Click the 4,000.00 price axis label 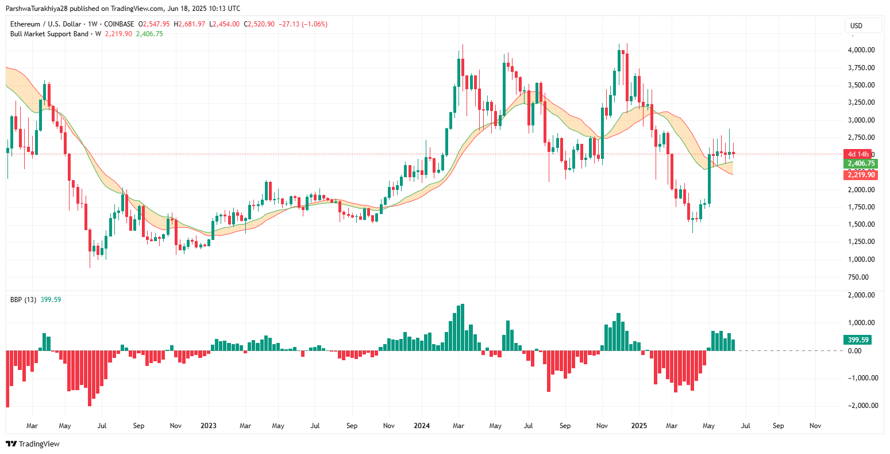[x=861, y=50]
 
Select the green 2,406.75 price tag [x=861, y=164]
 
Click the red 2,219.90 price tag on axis [x=861, y=175]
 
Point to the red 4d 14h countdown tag [x=858, y=154]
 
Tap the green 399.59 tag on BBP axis [x=857, y=340]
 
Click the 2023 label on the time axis [x=208, y=426]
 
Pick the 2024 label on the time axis [x=422, y=426]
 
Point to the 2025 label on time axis [x=639, y=426]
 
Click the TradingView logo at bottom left [x=33, y=444]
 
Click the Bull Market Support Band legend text [x=49, y=34]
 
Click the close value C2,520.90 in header [x=259, y=24]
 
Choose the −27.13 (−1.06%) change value [x=303, y=24]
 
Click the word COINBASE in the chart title [x=119, y=24]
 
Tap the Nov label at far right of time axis [x=815, y=426]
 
